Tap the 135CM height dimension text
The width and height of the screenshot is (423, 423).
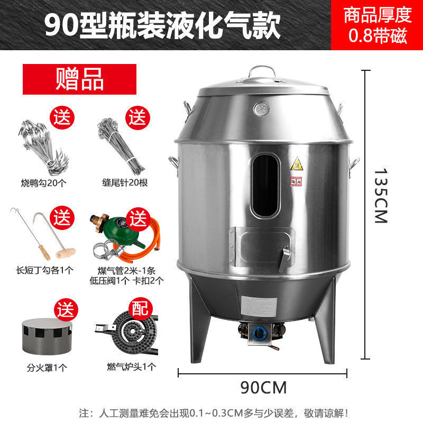click(x=381, y=196)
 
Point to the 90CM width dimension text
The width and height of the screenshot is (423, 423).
click(x=263, y=388)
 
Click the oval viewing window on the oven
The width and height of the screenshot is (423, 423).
click(x=265, y=185)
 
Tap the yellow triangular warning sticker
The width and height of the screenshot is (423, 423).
click(x=296, y=163)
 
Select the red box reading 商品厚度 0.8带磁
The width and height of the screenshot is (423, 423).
click(x=377, y=25)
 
